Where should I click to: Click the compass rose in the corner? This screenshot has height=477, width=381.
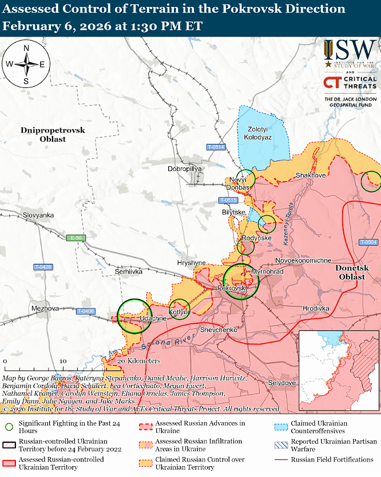point(26,64)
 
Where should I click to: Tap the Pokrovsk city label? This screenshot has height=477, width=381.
point(232,289)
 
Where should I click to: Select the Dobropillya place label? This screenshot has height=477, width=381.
point(185,169)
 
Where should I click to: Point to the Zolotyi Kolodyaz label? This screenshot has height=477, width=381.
point(257,134)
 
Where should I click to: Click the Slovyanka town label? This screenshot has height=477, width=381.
point(38,215)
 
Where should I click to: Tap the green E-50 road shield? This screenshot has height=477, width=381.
point(76,238)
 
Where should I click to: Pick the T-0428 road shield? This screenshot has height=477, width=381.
point(43,267)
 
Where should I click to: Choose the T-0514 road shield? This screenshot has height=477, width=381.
point(216,147)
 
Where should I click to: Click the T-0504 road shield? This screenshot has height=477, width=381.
point(368,242)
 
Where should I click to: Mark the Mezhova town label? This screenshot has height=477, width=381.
point(46,308)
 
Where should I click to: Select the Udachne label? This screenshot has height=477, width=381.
point(153,318)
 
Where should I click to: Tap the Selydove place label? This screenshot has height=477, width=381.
point(282,382)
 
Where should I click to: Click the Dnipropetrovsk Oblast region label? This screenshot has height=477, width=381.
point(53,134)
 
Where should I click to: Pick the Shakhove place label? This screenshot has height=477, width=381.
point(311,175)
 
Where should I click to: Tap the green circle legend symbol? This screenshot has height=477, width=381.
point(9,427)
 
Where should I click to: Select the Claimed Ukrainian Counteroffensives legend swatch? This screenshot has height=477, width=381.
point(280,427)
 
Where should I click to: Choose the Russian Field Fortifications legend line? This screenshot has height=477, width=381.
point(280,459)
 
